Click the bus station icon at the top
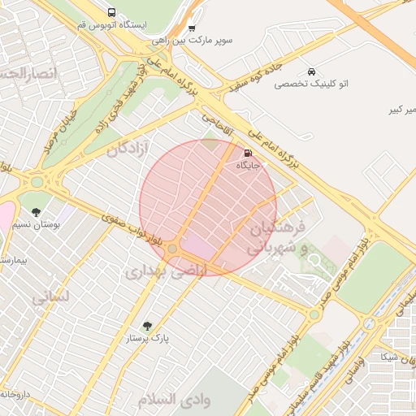[111, 12]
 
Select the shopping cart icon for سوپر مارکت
[192, 28]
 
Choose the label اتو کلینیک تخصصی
[311, 84]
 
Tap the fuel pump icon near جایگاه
[247, 152]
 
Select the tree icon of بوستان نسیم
[36, 213]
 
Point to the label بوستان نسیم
[30, 224]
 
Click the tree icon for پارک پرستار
[146, 326]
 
